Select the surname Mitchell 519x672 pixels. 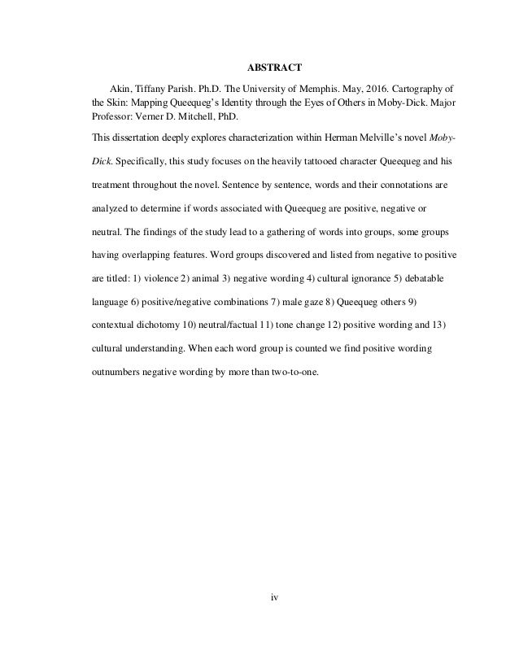click(x=202, y=116)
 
